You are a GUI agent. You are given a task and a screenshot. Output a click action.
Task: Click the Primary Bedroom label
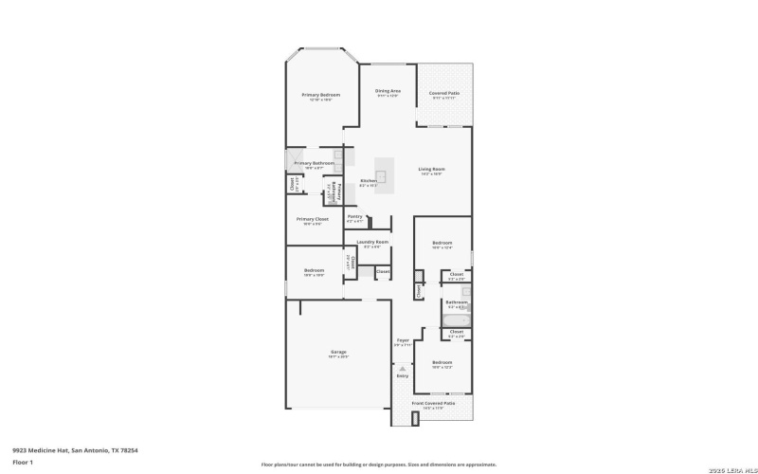[321, 95]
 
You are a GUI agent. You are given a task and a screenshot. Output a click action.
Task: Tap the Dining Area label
[388, 91]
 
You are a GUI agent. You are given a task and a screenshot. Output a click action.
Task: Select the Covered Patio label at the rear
[444, 93]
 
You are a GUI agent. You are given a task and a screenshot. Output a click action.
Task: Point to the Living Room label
[432, 170]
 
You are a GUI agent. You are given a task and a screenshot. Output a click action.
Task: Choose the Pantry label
[355, 216]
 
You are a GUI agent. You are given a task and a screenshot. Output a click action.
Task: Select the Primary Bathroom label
[314, 163]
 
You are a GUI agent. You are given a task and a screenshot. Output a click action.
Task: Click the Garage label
[338, 353]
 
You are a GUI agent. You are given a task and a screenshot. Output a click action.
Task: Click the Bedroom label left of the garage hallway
[315, 270]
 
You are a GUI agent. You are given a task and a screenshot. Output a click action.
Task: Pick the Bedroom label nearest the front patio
[442, 362]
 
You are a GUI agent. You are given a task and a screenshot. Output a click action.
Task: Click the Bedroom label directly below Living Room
[442, 243]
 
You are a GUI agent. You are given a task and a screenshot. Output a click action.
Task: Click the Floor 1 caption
[23, 462]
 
